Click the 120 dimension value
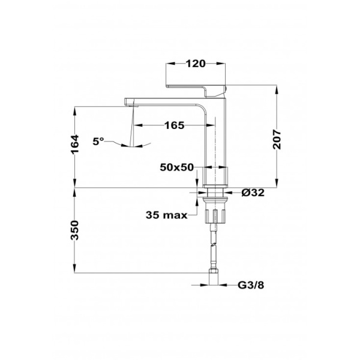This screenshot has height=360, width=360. (x=196, y=63)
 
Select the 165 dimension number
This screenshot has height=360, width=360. (x=173, y=125)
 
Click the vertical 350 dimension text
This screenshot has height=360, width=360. (x=74, y=230)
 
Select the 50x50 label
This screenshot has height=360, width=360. (x=177, y=167)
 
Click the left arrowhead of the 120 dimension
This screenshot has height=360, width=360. (x=170, y=63)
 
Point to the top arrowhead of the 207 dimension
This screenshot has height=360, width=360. (x=277, y=88)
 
